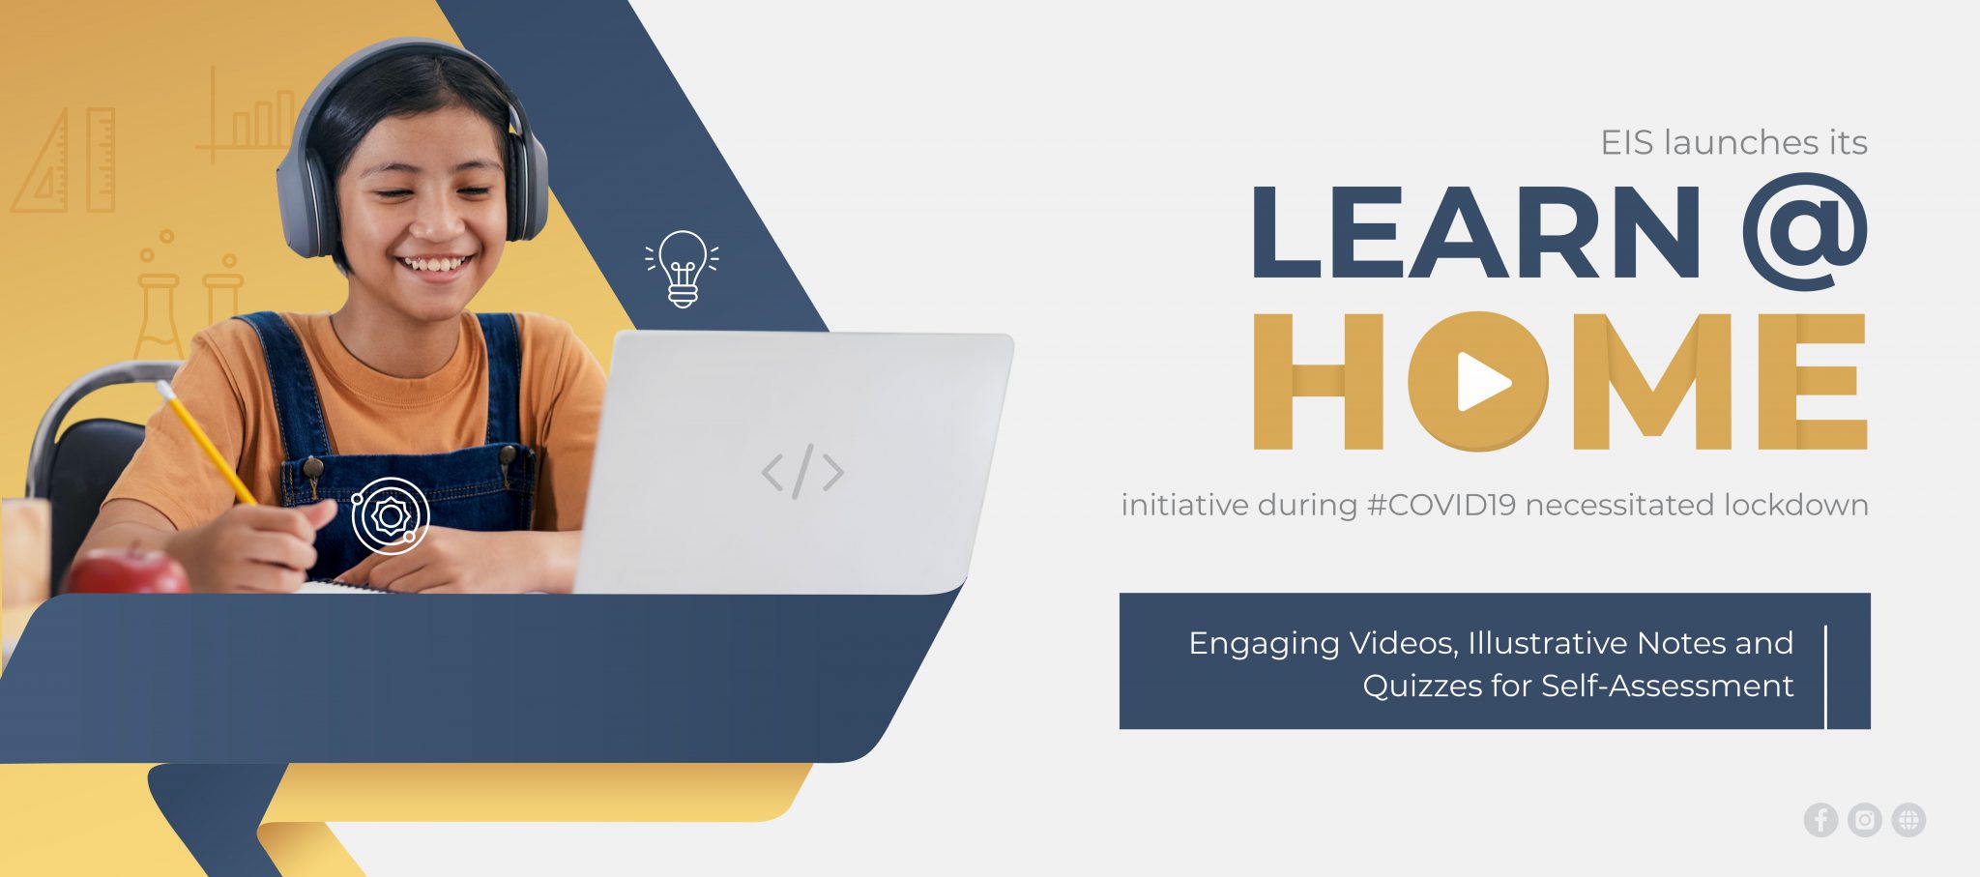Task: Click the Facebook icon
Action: tap(1820, 820)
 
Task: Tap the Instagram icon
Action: tap(1864, 820)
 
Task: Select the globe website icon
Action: tap(1908, 820)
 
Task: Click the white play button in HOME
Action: tap(1482, 382)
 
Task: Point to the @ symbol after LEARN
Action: tap(1805, 232)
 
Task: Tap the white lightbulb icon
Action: tap(683, 269)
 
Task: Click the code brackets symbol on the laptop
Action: tap(802, 472)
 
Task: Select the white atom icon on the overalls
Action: tap(390, 515)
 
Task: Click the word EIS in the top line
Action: tap(1626, 143)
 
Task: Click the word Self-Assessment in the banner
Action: tap(1667, 687)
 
